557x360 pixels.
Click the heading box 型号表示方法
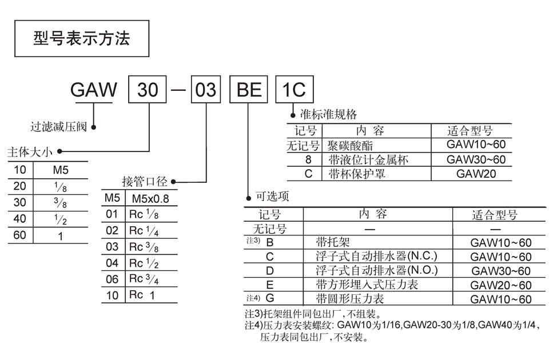coord(81,38)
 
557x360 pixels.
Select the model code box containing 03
coord(205,90)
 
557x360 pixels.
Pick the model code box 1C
coord(295,90)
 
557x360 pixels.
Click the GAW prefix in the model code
coord(94,90)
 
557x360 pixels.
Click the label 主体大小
coord(29,153)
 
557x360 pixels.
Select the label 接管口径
coord(145,182)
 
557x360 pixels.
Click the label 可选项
coord(272,197)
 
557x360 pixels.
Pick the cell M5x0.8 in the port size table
coord(150,199)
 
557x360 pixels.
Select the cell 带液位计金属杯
coord(369,159)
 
